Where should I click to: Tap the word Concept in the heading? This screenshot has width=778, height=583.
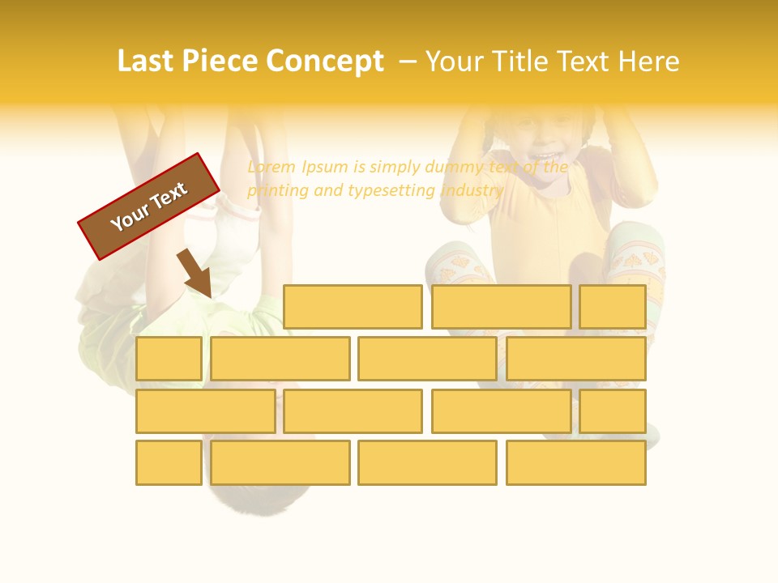[325, 62]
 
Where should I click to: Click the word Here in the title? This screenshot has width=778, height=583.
[648, 62]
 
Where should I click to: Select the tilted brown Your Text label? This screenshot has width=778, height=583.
[149, 206]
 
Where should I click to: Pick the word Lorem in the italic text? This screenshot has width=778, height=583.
[271, 167]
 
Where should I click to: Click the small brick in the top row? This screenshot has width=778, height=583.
[613, 307]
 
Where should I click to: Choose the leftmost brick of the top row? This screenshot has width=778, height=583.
[353, 307]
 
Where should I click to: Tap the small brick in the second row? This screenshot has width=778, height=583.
[169, 359]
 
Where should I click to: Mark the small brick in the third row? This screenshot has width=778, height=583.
[613, 411]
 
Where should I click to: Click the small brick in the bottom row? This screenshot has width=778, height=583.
[169, 463]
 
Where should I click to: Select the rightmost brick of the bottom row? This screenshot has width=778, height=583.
[576, 463]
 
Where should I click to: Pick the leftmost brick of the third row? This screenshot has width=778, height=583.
[205, 411]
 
